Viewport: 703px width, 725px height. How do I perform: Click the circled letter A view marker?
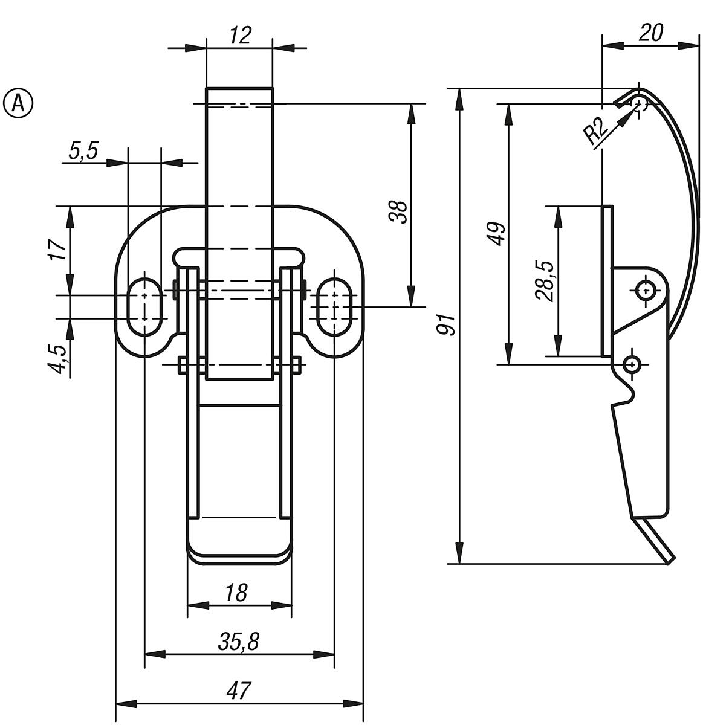19,103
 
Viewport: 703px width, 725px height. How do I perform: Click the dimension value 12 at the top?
240,36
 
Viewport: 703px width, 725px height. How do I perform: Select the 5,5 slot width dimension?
83,151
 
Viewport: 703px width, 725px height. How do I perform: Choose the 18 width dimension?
238,593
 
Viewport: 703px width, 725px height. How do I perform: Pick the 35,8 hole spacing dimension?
239,642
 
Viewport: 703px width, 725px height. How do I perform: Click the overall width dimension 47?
239,691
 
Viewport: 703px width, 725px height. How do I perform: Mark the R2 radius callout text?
595,131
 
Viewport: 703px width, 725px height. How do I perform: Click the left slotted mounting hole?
145,306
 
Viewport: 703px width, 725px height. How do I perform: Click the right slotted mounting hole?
334,306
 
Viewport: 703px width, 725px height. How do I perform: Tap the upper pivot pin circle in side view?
646,290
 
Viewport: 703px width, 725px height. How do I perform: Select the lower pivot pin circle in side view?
632,364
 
